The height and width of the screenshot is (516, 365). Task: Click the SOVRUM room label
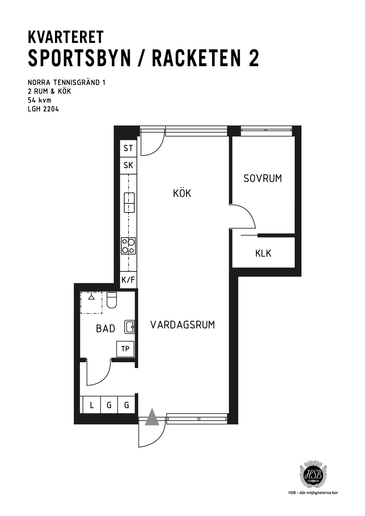coord(263,178)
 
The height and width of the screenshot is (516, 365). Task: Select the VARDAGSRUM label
coord(183,325)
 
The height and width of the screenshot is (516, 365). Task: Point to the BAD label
coord(106,329)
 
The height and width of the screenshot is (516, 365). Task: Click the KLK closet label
coord(263,253)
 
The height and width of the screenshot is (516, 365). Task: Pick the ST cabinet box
coord(128,148)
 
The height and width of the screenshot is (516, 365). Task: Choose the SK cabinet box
coord(128,166)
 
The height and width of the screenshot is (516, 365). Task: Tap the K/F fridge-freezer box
coord(128,280)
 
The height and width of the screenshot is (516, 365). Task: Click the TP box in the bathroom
coord(125,349)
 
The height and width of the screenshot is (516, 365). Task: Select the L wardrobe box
coord(92,405)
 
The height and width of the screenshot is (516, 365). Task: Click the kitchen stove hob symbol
coord(129,246)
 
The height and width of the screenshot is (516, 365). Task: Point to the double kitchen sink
coord(129,202)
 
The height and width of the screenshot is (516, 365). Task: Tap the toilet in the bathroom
coord(111,300)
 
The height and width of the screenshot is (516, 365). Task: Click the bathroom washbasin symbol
coord(130,327)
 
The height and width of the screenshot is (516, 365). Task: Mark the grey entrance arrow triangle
coord(152,417)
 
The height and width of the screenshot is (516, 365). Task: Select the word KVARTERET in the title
coord(66,37)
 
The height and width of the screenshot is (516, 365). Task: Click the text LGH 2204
coord(43,109)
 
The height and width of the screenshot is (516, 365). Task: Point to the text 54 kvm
coord(39,100)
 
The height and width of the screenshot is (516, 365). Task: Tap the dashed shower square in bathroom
coord(91,303)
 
